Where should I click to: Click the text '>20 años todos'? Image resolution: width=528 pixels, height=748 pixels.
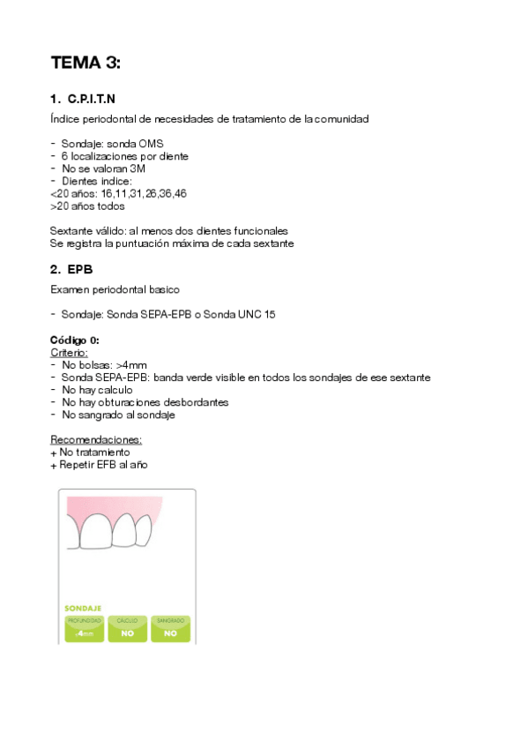87,206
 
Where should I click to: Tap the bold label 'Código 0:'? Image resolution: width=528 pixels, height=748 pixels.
75,340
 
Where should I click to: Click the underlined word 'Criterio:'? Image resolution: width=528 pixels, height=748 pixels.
70,352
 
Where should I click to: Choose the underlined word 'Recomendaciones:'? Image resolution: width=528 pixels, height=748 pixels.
96,439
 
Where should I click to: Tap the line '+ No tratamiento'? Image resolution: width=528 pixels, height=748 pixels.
90,452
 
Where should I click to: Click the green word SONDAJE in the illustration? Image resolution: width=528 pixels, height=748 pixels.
83,608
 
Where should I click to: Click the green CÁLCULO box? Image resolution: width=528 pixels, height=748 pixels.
127,628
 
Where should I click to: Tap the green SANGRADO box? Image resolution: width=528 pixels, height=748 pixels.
170,628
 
